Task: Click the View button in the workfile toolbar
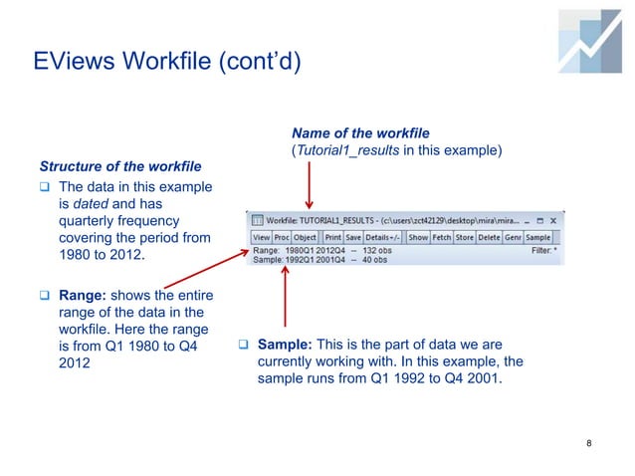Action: (x=261, y=238)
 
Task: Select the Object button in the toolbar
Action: (x=305, y=238)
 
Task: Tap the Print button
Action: (x=332, y=238)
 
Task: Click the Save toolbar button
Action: (x=353, y=238)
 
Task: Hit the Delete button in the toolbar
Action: (x=489, y=238)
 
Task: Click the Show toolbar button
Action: (x=418, y=238)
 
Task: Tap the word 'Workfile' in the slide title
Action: (x=152, y=64)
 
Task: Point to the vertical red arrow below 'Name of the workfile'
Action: (x=309, y=184)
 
